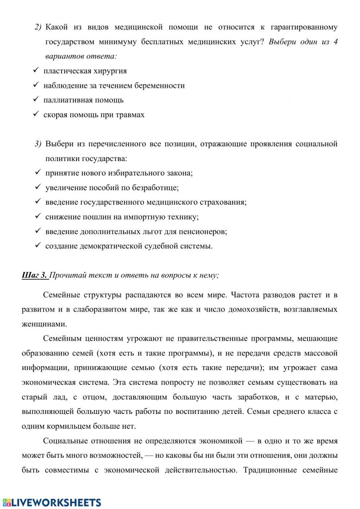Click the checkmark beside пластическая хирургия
[x=36, y=70]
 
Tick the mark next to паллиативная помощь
[x=36, y=99]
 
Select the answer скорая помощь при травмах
[x=94, y=115]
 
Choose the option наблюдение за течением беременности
[x=114, y=86]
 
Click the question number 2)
[x=38, y=27]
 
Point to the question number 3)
[x=38, y=144]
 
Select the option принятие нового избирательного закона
[x=119, y=173]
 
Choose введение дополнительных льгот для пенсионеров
[x=136, y=232]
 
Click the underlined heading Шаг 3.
[x=35, y=276]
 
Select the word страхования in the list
[x=225, y=202]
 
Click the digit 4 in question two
[x=335, y=42]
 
